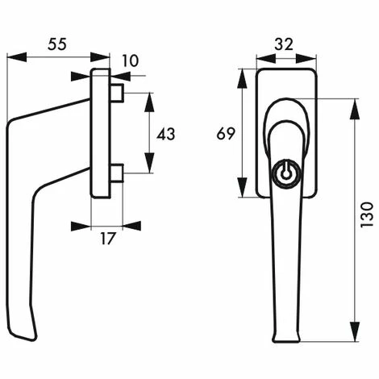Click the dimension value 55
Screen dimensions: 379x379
pyautogui.click(x=56, y=45)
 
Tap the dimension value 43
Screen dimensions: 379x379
pyautogui.click(x=165, y=134)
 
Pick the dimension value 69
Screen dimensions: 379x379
pyautogui.click(x=226, y=133)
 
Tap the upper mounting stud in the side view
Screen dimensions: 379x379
pyautogui.click(x=117, y=94)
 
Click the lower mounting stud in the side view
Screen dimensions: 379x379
pyautogui.click(x=117, y=173)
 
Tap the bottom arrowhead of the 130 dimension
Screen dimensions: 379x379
pyautogui.click(x=354, y=337)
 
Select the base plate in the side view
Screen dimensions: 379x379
pyautogui.click(x=101, y=133)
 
